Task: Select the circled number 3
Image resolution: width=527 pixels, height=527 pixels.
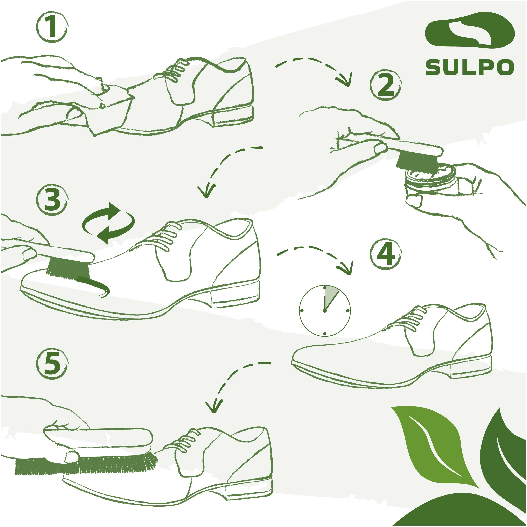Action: pos(52,200)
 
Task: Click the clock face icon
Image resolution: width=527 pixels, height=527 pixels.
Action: pos(325,310)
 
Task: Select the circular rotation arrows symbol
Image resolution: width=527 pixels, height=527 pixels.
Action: pos(108,223)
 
